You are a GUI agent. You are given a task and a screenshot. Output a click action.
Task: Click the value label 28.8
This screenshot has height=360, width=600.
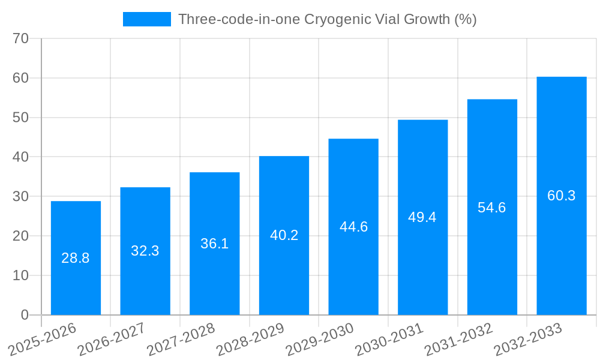pyautogui.click(x=76, y=258)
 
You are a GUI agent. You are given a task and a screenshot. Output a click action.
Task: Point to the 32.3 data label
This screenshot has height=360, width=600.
pyautogui.click(x=145, y=251)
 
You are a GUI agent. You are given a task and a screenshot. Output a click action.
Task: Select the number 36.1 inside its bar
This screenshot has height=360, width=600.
pyautogui.click(x=214, y=244)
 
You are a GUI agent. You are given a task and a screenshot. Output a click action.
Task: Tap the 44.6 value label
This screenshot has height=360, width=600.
pyautogui.click(x=353, y=227)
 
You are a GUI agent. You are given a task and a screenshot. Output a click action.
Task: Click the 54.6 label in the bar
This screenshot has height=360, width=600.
pyautogui.click(x=492, y=208)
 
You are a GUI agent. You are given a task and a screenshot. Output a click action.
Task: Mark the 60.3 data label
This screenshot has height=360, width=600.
pyautogui.click(x=562, y=196)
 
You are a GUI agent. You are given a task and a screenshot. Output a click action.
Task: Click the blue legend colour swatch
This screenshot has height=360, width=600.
pyautogui.click(x=147, y=19)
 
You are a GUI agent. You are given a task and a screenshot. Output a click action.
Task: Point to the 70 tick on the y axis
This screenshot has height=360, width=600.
pyautogui.click(x=21, y=38)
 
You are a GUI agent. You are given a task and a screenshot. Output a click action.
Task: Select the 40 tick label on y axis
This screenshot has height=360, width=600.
pyautogui.click(x=21, y=157)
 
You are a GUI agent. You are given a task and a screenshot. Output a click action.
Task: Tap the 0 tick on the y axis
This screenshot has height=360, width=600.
pyautogui.click(x=25, y=315)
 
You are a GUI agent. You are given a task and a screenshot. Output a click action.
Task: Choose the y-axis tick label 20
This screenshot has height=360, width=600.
pyautogui.click(x=21, y=236)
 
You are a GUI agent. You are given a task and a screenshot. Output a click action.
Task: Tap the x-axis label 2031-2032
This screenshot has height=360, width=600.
pyautogui.click(x=459, y=340)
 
